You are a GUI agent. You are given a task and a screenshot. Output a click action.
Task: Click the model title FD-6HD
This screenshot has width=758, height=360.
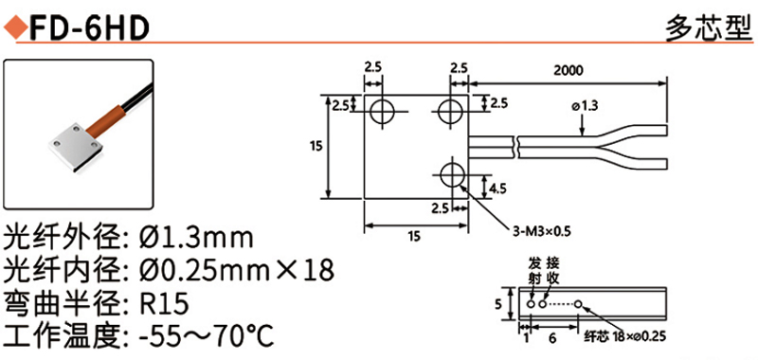click(x=88, y=29)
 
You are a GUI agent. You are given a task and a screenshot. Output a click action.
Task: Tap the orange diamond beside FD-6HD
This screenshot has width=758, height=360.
click(x=15, y=29)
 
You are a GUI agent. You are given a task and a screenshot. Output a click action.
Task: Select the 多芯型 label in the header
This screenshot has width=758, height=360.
click(x=709, y=30)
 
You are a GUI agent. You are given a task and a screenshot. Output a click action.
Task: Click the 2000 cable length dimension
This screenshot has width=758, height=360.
click(x=568, y=70)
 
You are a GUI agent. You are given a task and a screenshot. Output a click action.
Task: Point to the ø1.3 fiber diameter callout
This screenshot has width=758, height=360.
click(x=586, y=106)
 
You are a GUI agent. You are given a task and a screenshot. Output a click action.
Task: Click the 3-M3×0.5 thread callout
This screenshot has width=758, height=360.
click(x=542, y=231)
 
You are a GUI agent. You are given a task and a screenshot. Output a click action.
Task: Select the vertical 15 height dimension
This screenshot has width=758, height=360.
click(x=316, y=146)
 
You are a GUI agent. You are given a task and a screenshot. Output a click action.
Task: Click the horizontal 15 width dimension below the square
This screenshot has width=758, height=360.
click(x=414, y=236)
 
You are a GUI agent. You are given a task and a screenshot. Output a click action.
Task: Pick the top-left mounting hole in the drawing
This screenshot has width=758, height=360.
click(x=383, y=112)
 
